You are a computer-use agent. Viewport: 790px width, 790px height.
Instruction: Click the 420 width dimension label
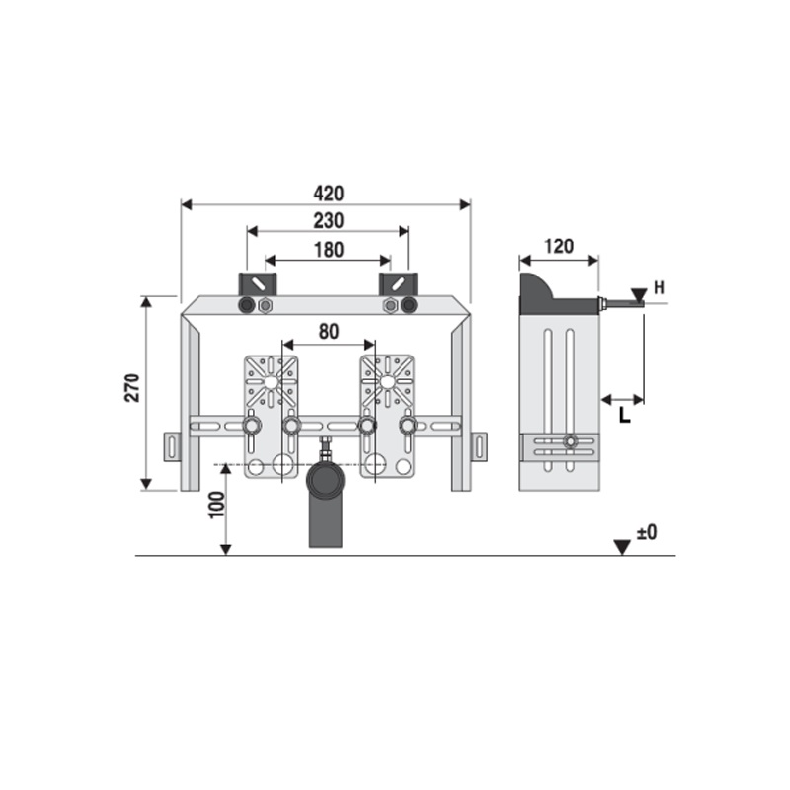click(329, 194)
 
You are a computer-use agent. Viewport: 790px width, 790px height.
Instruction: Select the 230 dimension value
click(329, 220)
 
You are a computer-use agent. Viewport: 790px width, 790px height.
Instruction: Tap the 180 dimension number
click(329, 250)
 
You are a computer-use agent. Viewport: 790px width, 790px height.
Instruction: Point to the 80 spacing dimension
click(329, 332)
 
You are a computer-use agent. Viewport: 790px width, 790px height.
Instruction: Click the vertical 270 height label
click(132, 387)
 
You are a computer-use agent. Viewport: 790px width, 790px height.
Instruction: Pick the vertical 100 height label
click(216, 505)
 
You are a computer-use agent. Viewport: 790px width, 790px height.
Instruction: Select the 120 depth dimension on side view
click(559, 246)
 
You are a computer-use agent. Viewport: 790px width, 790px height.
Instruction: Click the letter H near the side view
click(659, 288)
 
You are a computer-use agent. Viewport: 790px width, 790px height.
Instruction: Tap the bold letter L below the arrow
click(625, 415)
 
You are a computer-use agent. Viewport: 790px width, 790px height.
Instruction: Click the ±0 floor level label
click(647, 532)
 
